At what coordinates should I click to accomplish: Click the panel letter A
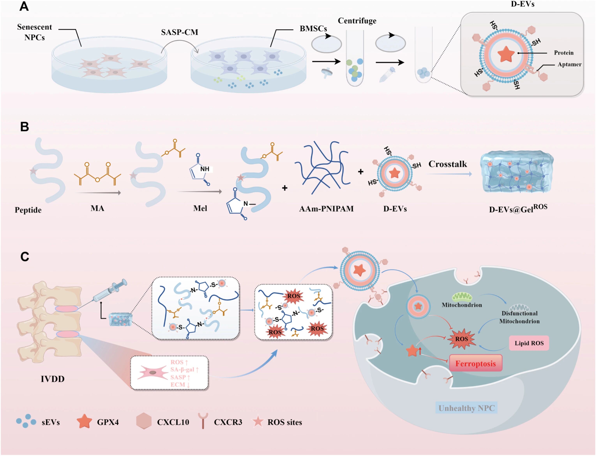point(24,6)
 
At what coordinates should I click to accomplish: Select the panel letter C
point(25,257)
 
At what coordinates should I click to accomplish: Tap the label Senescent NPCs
point(34,32)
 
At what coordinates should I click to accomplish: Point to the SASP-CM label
point(180,32)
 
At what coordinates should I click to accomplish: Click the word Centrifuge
point(357,21)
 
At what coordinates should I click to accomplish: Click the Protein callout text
point(563,53)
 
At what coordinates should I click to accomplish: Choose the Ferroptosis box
point(476,363)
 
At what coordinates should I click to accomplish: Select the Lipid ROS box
point(529,343)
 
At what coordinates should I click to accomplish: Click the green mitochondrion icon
point(462,297)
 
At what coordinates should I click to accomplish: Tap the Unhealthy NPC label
point(466,408)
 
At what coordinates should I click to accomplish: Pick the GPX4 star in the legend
point(84,421)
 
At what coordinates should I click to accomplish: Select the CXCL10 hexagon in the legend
point(144,421)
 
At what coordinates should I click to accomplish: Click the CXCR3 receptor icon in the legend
point(203,421)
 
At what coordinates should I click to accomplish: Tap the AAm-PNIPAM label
point(326,209)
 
